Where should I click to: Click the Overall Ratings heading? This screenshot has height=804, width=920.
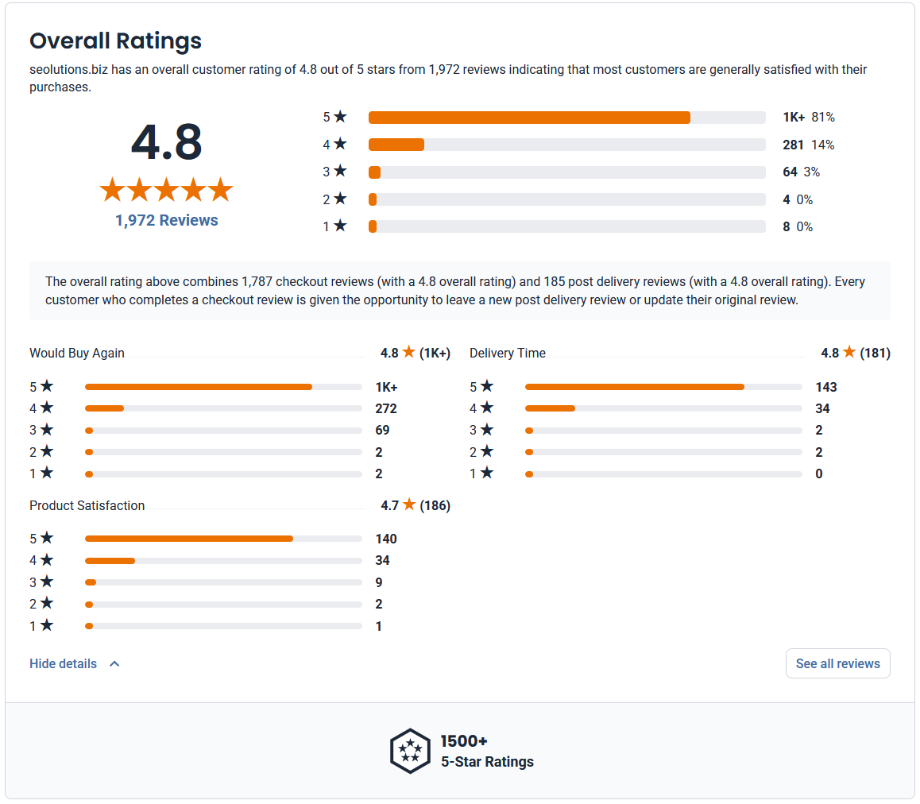pyautogui.click(x=115, y=41)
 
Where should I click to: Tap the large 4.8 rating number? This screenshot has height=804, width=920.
pyautogui.click(x=167, y=142)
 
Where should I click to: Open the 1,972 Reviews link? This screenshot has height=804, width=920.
pyautogui.click(x=167, y=220)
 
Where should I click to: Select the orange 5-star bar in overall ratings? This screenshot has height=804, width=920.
pyautogui.click(x=529, y=118)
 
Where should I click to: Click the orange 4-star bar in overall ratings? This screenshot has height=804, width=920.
pyautogui.click(x=396, y=145)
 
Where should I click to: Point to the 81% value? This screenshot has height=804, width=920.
pyautogui.click(x=822, y=118)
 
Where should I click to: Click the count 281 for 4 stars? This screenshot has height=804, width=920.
pyautogui.click(x=793, y=145)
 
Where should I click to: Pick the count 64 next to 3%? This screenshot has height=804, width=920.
pyautogui.click(x=790, y=172)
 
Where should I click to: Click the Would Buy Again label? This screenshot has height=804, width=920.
pyautogui.click(x=77, y=354)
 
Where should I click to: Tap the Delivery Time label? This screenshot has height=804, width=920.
pyautogui.click(x=508, y=354)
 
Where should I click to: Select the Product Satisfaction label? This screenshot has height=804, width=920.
pyautogui.click(x=87, y=506)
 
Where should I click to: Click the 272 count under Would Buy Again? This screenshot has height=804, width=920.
pyautogui.click(x=386, y=408)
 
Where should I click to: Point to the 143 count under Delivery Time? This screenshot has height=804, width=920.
pyautogui.click(x=826, y=388)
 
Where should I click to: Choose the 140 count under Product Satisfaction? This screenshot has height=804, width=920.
pyautogui.click(x=386, y=539)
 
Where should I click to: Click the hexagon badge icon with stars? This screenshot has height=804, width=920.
pyautogui.click(x=410, y=752)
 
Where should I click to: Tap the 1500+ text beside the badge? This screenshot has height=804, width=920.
pyautogui.click(x=464, y=741)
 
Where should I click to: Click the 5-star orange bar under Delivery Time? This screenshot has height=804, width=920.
pyautogui.click(x=634, y=388)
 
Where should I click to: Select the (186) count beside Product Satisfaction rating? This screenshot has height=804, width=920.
pyautogui.click(x=435, y=506)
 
